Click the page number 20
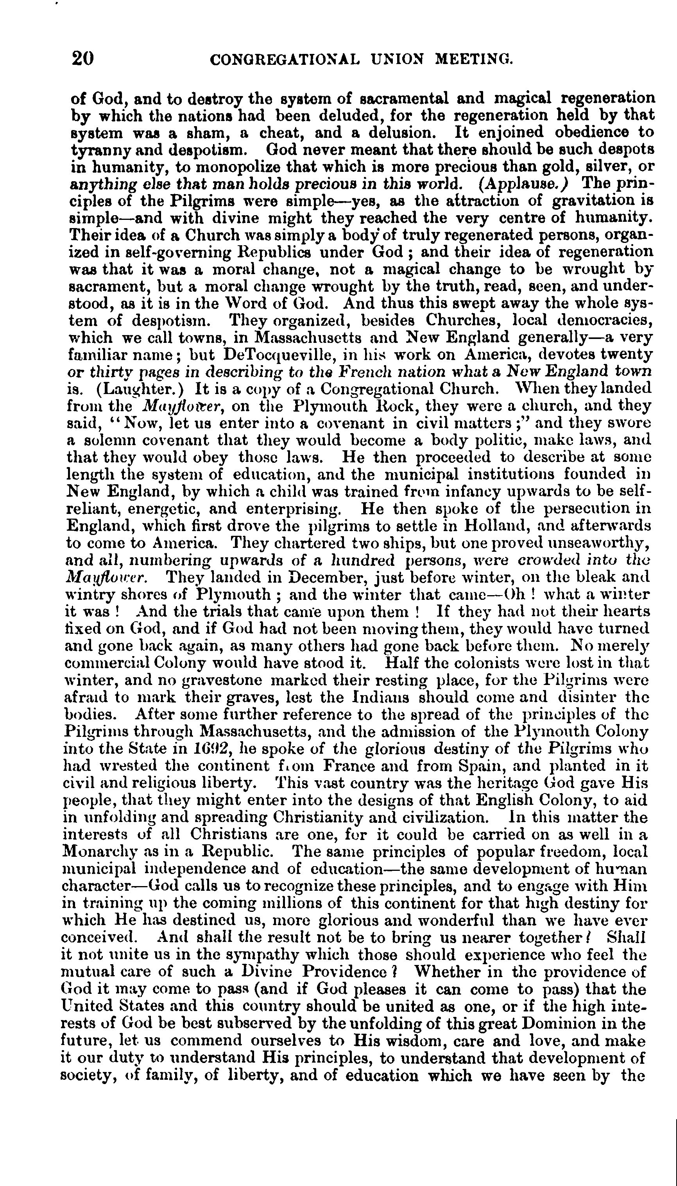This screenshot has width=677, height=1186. [x=83, y=59]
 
